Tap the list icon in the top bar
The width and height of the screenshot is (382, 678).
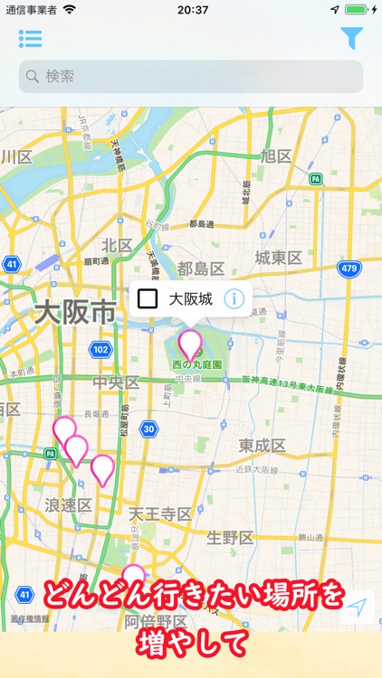30,39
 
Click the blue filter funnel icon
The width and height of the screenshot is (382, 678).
351,38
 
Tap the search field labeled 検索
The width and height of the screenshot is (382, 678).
190,77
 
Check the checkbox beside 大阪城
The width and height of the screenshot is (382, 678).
148,298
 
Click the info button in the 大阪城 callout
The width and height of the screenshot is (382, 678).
234,298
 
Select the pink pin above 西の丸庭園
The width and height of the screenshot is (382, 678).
190,344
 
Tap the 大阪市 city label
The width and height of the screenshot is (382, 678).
75,314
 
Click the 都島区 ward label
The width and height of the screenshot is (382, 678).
201,268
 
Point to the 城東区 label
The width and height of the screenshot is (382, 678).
278,259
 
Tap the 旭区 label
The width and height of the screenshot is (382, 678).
275,156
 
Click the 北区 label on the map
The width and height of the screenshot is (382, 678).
117,246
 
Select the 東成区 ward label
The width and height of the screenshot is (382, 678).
263,446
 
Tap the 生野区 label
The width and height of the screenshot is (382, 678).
230,538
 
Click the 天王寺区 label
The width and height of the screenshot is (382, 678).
159,514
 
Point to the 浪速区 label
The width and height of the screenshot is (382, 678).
69,504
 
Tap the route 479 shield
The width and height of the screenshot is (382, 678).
349,268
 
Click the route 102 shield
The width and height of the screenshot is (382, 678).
101,349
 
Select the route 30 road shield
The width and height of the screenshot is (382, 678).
148,428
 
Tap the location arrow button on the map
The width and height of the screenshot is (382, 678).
358,607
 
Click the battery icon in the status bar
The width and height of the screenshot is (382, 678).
357,10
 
